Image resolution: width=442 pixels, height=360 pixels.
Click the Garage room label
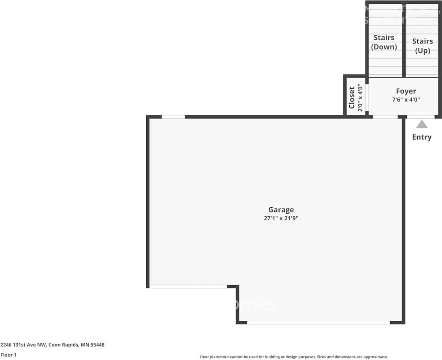tap(281, 210)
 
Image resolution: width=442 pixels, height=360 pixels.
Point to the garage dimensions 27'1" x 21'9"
tap(281, 218)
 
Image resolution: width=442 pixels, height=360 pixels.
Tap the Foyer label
tap(406, 92)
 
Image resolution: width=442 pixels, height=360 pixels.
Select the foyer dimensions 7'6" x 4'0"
tap(406, 100)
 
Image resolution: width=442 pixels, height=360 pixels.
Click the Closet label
tap(352, 98)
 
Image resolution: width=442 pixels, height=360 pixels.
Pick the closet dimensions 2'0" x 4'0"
tap(359, 98)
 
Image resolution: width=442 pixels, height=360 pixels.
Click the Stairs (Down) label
tap(384, 42)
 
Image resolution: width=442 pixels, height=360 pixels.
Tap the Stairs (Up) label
tap(423, 46)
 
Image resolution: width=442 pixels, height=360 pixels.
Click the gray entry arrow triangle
tap(422, 124)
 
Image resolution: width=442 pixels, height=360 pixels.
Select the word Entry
tap(422, 137)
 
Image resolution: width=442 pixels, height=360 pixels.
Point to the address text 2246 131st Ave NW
tap(23, 345)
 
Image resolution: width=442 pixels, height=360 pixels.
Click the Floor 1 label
tap(8, 355)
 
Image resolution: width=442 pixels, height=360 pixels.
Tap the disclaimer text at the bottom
tap(293, 357)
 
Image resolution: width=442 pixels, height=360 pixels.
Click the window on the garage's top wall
tap(173, 117)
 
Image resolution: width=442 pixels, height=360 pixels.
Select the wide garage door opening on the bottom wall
tap(318, 323)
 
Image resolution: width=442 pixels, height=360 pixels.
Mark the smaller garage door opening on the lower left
tap(188, 287)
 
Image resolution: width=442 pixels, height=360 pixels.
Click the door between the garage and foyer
tap(385, 117)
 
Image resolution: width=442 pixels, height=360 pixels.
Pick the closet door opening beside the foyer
tap(367, 98)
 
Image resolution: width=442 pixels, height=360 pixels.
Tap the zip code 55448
tap(97, 345)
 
